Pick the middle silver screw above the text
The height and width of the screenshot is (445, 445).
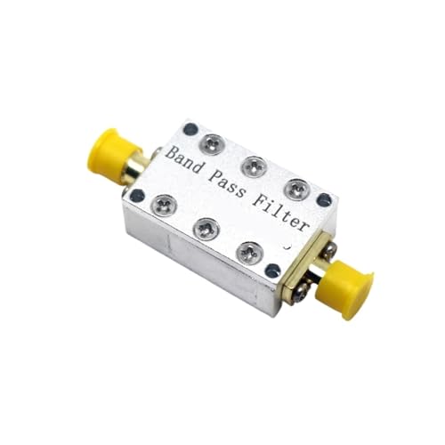click(254, 165)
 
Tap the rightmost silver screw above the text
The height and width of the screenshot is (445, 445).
click(297, 189)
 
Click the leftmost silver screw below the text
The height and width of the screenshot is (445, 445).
click(162, 205)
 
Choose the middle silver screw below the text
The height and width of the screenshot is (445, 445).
click(204, 229)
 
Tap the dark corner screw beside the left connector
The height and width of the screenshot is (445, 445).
click(136, 194)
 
